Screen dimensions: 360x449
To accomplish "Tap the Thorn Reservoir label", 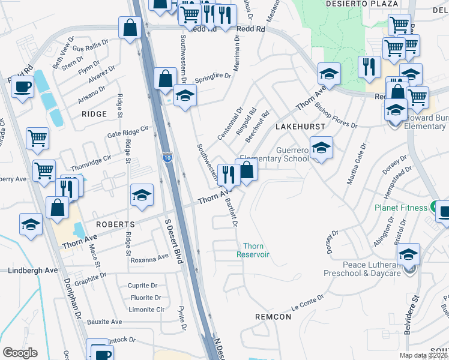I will coord(256,250).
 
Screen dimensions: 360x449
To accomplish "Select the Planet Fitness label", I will coord(401,208).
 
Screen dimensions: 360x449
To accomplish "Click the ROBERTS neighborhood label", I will coord(114,224).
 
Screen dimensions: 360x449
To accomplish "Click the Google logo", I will coord(20,353).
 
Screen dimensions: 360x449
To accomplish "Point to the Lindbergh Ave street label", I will coord(34,271).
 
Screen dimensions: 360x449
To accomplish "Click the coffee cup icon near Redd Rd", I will coord(22,86).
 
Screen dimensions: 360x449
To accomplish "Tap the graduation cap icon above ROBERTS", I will coord(142,196).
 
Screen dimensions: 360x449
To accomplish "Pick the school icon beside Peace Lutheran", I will coord(408,254).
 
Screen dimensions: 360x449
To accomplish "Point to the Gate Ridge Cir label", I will coord(127,131).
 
